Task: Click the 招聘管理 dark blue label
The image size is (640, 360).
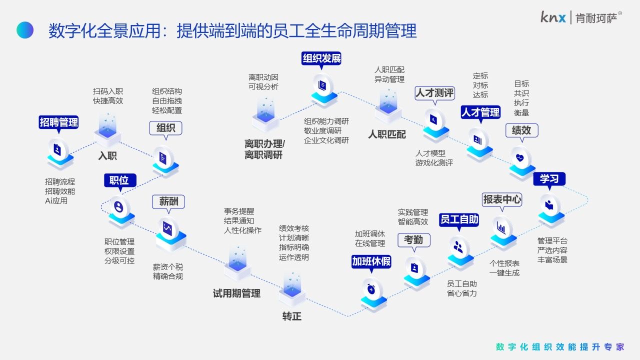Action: [x=59, y=122]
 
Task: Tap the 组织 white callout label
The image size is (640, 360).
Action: [x=165, y=128]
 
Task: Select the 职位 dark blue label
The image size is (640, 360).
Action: [x=119, y=180]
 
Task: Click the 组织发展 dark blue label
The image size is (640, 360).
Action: [x=321, y=58]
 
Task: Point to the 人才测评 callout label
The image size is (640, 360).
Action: [x=434, y=93]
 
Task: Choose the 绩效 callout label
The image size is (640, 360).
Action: [x=521, y=130]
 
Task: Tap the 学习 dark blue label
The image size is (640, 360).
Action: [x=549, y=178]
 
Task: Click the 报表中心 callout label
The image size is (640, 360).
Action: [x=502, y=199]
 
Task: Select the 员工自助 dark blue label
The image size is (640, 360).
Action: [x=459, y=219]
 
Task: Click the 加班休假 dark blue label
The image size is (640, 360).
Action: [x=371, y=261]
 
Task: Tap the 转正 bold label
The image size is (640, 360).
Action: [x=291, y=316]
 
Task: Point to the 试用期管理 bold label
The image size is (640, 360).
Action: [x=236, y=293]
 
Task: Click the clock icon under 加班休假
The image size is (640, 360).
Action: [x=371, y=288]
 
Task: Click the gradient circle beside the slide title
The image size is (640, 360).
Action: [x=25, y=30]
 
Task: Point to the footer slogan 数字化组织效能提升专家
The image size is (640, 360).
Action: [x=560, y=347]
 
